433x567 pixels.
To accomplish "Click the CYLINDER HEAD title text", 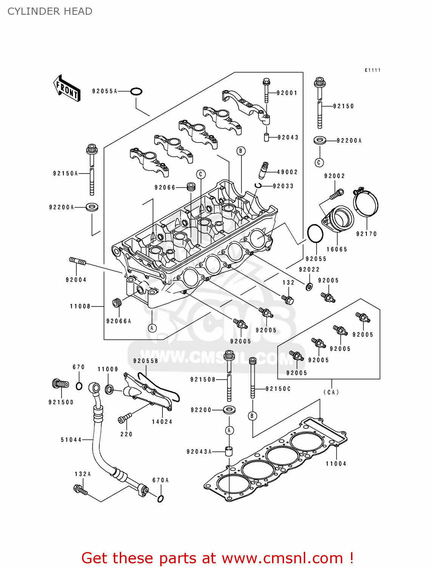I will point(50,11).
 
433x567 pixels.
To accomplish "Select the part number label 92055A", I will point(105,91).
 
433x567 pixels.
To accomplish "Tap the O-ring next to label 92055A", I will point(136,91).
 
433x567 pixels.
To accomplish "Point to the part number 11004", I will point(336,464).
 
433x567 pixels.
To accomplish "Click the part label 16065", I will point(337,249).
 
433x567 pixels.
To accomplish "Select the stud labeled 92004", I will point(77,261).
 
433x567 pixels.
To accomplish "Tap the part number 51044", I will point(71,440).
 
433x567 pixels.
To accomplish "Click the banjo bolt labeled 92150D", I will point(60,384).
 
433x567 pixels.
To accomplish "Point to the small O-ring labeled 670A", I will point(160,499).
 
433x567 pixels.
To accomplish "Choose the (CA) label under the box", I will point(331,392).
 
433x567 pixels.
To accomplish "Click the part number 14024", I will point(162,422).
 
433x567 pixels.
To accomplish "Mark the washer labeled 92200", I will point(229,410).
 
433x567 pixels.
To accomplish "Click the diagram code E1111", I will point(373,70).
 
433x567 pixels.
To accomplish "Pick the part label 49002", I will point(287,172).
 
